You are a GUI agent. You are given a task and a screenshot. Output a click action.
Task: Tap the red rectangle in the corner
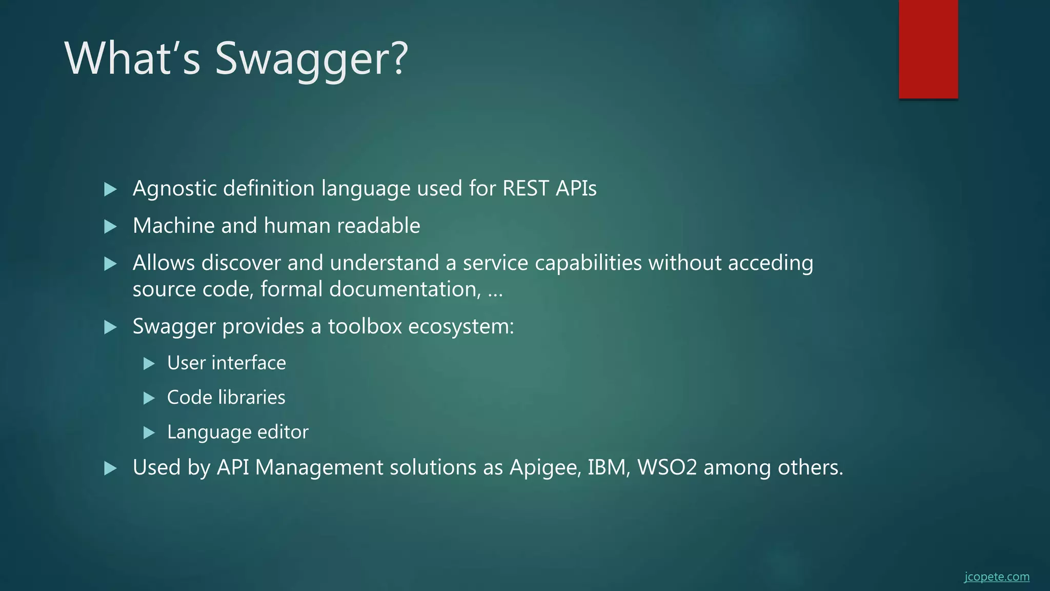(928, 49)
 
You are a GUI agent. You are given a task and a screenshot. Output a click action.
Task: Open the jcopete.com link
(996, 577)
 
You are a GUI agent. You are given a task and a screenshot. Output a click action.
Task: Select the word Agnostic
(174, 189)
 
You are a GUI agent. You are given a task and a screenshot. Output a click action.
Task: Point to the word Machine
(173, 226)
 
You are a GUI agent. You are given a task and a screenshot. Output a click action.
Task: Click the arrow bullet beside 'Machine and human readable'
(110, 226)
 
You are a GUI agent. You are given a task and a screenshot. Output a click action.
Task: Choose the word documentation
(405, 289)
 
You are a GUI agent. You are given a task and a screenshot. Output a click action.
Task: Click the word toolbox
(365, 326)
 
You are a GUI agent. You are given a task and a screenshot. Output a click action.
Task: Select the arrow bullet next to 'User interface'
(149, 364)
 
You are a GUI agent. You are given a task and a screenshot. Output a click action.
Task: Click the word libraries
(252, 398)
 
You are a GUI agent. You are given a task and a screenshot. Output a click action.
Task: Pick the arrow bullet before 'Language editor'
(149, 432)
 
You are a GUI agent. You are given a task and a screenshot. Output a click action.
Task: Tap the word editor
(282, 432)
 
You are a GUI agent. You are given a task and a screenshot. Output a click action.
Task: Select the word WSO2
(667, 467)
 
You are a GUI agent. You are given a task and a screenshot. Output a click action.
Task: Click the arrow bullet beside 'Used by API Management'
(110, 468)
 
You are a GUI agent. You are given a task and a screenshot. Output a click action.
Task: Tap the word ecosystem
(461, 327)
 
